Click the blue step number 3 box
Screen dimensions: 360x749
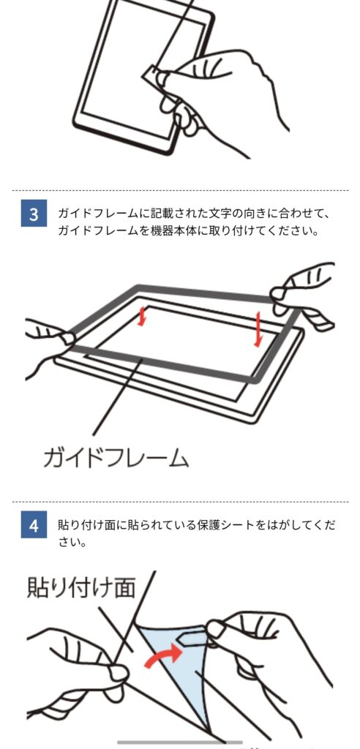click(34, 214)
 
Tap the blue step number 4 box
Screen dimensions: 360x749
click(34, 525)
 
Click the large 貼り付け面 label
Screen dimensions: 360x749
click(81, 587)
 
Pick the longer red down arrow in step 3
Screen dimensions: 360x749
click(258, 329)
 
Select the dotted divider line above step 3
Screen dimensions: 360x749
click(180, 191)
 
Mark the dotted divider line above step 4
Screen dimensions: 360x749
click(180, 502)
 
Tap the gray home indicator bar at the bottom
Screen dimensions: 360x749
click(180, 742)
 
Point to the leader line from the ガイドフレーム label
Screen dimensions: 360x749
click(117, 396)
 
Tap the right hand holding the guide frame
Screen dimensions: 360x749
click(302, 296)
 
